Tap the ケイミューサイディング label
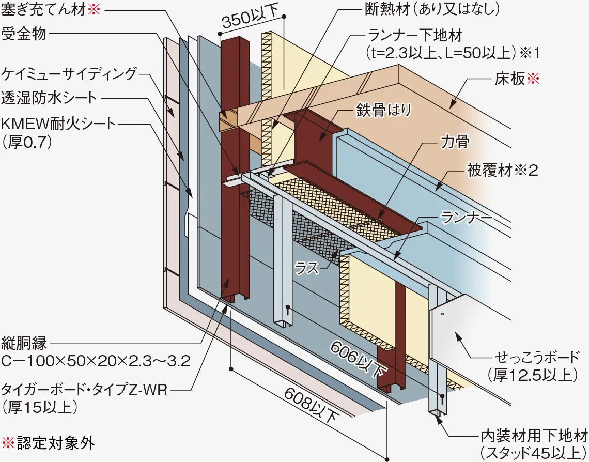click(70, 73)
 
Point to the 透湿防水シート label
click(50, 98)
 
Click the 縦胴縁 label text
click(25, 343)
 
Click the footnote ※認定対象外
click(49, 443)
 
